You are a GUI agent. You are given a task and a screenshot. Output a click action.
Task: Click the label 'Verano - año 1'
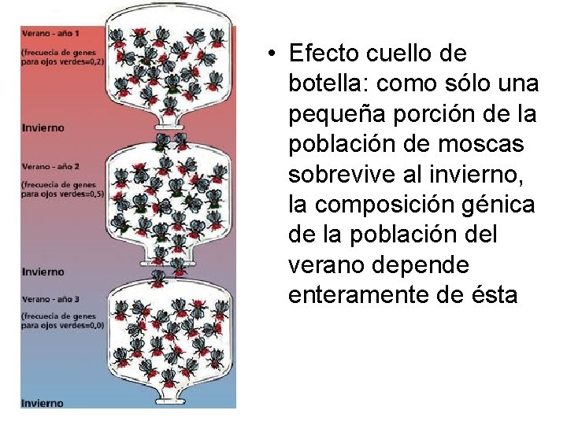tap(50, 34)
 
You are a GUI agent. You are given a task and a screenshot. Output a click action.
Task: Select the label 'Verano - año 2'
tap(51, 166)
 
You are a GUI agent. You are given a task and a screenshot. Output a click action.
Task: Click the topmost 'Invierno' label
tap(43, 127)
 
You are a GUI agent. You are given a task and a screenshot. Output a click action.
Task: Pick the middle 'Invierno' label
tap(43, 272)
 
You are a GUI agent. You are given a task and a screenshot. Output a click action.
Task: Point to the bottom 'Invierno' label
tap(43, 403)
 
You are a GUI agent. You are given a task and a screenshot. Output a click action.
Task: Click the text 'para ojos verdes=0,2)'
tap(63, 60)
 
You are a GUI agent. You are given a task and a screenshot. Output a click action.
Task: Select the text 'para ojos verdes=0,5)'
tap(63, 193)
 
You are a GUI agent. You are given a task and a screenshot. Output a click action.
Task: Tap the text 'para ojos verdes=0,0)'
tap(63, 325)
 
